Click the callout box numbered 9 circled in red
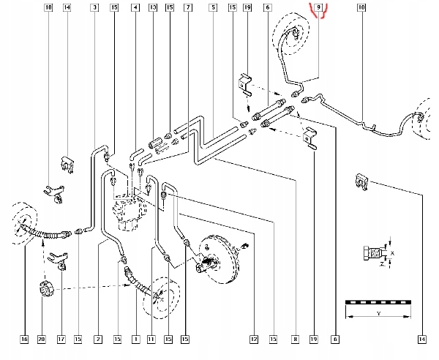coord(318,7)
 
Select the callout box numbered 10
coord(361,7)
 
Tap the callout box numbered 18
coord(48,7)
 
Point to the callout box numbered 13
coord(153,7)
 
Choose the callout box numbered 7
coord(188,7)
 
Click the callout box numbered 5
coord(213,7)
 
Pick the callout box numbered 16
coord(24,340)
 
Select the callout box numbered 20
coord(42,340)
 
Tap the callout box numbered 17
coord(61,340)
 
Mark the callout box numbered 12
coord(254,340)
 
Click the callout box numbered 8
coord(295,340)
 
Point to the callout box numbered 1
coord(136,340)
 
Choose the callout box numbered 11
coord(151,340)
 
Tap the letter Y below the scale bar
coord(378,313)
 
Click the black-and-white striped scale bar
coord(378,302)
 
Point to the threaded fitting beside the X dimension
coord(373,253)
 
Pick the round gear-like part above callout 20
coord(46,288)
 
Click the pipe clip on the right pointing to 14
coord(362,181)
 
